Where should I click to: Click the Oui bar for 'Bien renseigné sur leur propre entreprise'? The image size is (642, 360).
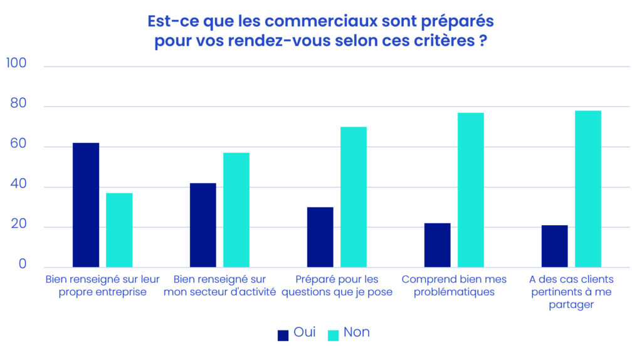[x=86, y=205]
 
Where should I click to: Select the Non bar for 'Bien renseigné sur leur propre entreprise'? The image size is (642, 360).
[x=119, y=230]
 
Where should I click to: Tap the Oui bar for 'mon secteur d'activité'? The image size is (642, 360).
[x=203, y=225]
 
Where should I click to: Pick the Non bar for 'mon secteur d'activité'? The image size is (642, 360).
[x=236, y=210]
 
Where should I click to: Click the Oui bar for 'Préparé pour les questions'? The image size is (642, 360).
[x=320, y=237]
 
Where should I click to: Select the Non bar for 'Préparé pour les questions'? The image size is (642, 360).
[x=354, y=197]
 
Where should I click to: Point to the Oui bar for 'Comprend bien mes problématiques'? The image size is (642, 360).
[x=437, y=245]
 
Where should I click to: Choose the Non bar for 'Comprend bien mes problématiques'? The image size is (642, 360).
[x=471, y=190]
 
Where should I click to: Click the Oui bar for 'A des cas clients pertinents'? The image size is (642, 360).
[x=554, y=246]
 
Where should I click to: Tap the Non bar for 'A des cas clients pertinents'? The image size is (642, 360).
[x=588, y=189]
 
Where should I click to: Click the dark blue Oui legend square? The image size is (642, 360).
[x=283, y=335]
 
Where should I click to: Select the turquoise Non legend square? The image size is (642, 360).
[x=333, y=335]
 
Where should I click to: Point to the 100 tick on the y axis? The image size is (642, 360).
[x=16, y=63]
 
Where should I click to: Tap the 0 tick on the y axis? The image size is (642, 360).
[x=23, y=264]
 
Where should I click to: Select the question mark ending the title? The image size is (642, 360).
[x=483, y=43]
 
